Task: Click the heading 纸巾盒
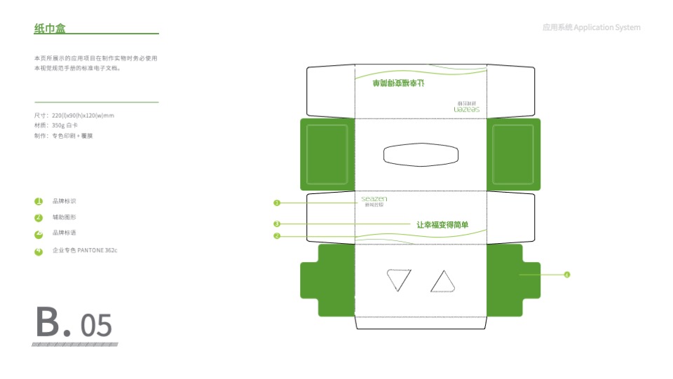point(50,28)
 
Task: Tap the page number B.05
point(74,323)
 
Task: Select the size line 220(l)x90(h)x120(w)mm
point(74,115)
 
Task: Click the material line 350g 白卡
point(55,125)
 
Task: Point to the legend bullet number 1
point(39,201)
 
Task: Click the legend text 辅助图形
point(64,218)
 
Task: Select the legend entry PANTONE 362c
point(85,250)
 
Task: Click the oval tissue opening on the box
point(421,154)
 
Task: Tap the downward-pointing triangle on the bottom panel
point(399,280)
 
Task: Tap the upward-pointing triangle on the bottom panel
point(443,282)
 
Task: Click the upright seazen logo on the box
point(374,201)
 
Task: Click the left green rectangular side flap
point(327,154)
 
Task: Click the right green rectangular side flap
point(515,154)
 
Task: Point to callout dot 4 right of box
point(566,275)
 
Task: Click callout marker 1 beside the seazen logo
point(277,203)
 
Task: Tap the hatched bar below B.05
point(75,345)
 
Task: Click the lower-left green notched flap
point(327,280)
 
